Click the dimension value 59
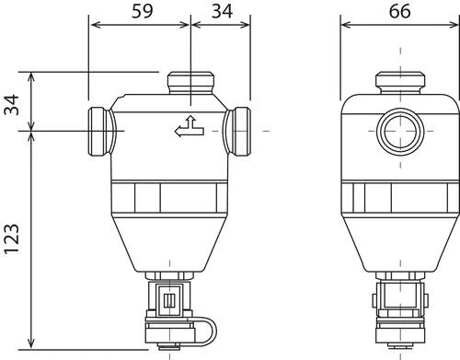pos(142,11)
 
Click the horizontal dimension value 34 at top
pos(222,11)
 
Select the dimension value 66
pos(399,11)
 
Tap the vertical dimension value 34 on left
pos(11,105)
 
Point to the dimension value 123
pos(11,238)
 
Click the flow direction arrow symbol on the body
pos(190,126)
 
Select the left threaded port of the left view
pos(102,132)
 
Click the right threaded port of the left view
pos(237,132)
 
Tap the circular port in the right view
pos(400,132)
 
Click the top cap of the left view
pos(190,83)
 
